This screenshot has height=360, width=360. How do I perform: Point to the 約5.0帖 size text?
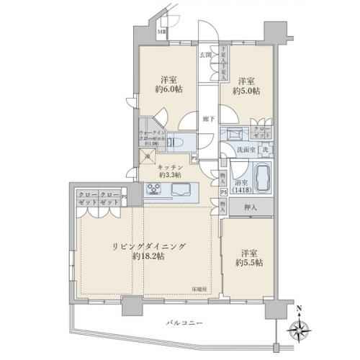(x=245, y=91)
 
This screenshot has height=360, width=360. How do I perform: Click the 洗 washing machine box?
(x=265, y=149)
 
